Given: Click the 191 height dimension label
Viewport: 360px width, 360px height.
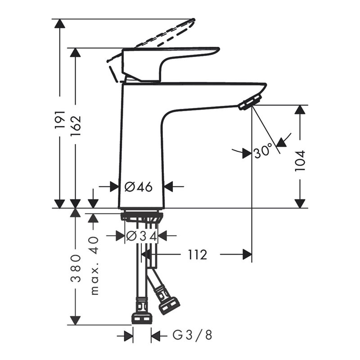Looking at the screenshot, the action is (60, 123).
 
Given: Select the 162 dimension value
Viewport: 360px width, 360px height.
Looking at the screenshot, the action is (76, 126).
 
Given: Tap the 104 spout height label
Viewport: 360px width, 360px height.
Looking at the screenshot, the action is (300, 161).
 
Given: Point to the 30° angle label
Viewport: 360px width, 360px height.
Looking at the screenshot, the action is (263, 151).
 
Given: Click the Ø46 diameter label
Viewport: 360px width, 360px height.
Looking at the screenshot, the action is (139, 187).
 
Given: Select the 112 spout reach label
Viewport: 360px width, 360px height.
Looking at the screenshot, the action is (198, 255).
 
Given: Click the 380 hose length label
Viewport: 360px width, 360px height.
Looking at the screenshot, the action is (76, 268).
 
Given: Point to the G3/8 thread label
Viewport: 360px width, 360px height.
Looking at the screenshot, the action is (193, 336).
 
